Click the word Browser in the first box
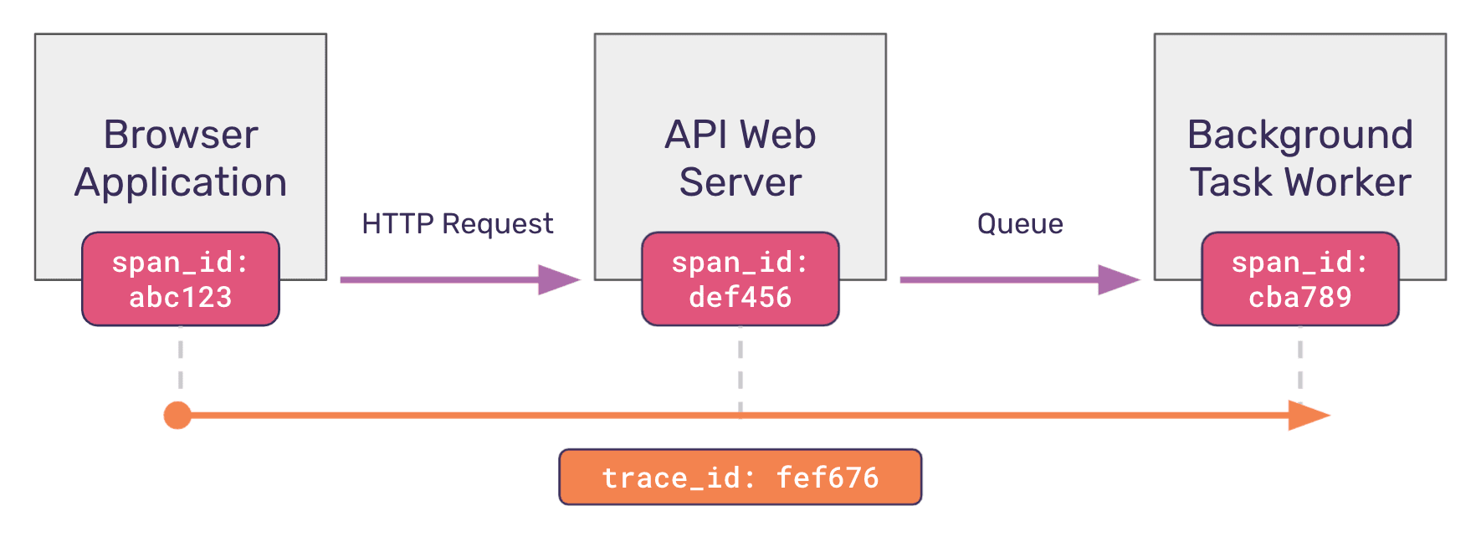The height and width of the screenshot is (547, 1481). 180,135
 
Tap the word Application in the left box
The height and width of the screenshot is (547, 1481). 180,182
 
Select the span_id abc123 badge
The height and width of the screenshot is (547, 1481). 181,279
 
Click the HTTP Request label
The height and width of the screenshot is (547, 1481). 457,224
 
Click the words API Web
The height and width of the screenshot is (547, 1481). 740,135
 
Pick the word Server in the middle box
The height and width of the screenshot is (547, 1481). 740,182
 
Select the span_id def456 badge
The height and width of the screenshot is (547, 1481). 740,279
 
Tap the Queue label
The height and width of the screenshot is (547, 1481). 1019,224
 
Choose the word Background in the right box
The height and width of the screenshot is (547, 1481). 1299,135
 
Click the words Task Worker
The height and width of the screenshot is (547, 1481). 1299,182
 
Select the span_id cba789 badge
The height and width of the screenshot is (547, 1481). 1299,279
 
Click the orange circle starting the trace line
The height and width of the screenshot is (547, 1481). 177,415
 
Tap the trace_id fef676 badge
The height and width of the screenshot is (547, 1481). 740,477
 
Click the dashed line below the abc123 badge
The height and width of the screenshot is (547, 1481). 181,360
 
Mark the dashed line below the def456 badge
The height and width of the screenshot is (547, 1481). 740,368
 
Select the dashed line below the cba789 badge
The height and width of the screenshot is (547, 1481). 1299,360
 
